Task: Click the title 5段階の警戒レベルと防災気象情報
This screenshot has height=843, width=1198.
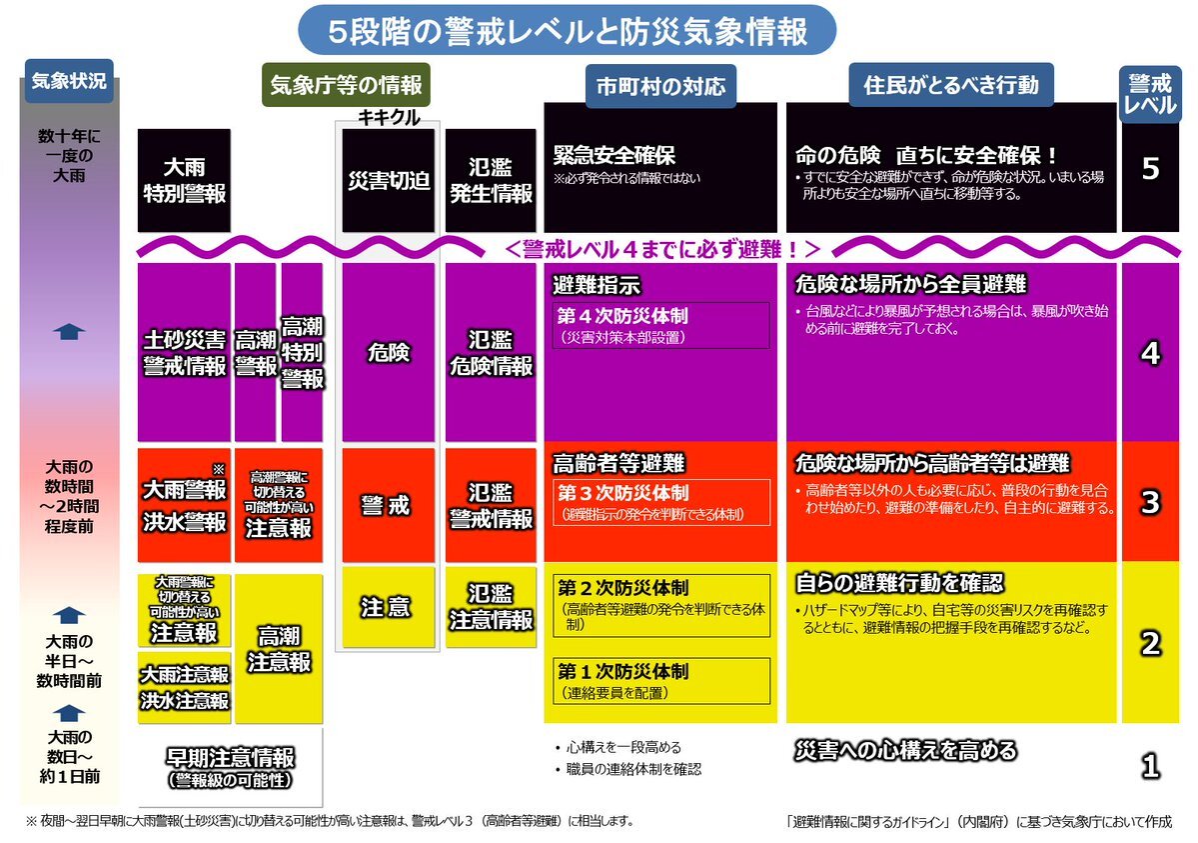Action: (x=567, y=31)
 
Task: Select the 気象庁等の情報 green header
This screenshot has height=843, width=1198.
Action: (x=346, y=84)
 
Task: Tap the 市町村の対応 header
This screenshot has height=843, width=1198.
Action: (x=660, y=86)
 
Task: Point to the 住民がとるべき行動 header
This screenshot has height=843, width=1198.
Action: (x=951, y=84)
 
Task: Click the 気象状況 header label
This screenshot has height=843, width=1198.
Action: (x=69, y=80)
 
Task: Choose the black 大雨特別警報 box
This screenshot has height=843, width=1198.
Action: (x=184, y=181)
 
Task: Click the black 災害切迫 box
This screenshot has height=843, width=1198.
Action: (x=388, y=181)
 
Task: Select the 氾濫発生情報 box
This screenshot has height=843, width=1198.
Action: (x=491, y=181)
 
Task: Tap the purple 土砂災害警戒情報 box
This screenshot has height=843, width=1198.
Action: (x=184, y=353)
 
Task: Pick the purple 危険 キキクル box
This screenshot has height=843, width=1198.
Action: (x=388, y=353)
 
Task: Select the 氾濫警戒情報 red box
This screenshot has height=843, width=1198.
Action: (x=491, y=505)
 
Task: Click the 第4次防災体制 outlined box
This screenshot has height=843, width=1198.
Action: (x=660, y=325)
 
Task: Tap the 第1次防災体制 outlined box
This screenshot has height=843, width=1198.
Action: (x=660, y=680)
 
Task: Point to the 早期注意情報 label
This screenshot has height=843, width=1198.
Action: (x=230, y=767)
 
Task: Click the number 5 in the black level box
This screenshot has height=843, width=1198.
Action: (x=1150, y=168)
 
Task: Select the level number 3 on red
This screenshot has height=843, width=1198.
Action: (x=1150, y=502)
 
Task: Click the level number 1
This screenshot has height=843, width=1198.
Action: (x=1150, y=766)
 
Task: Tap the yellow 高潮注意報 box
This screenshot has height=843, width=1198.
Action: (x=279, y=649)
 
